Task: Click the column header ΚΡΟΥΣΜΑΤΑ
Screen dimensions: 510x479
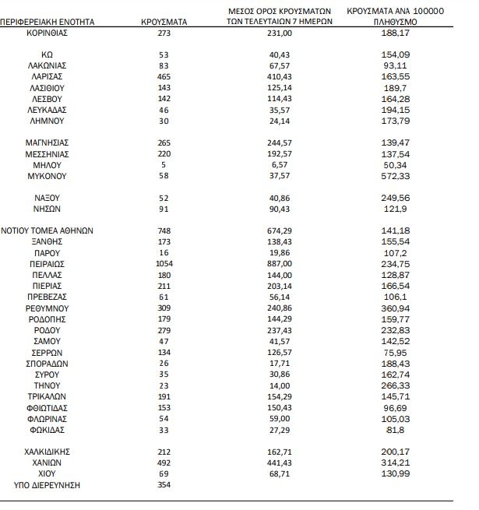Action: [x=163, y=23]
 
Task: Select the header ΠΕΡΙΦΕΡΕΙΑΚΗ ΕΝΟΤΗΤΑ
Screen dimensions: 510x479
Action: [x=47, y=23]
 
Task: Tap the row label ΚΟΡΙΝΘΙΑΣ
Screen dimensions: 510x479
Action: [x=48, y=34]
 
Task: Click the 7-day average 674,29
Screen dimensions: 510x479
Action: [x=279, y=231]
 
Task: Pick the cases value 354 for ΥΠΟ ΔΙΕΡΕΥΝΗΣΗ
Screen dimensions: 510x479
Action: [x=163, y=485]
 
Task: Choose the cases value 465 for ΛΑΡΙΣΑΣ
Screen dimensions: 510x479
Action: [x=163, y=78]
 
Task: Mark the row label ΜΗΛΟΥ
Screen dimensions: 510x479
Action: [x=48, y=166]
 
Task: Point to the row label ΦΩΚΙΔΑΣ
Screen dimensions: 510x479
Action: [x=48, y=430]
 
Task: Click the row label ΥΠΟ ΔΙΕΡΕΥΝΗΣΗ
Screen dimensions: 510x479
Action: [x=48, y=485]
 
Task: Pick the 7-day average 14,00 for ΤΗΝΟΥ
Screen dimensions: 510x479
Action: [x=279, y=385]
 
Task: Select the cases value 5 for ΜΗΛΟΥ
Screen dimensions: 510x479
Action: [x=163, y=166]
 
